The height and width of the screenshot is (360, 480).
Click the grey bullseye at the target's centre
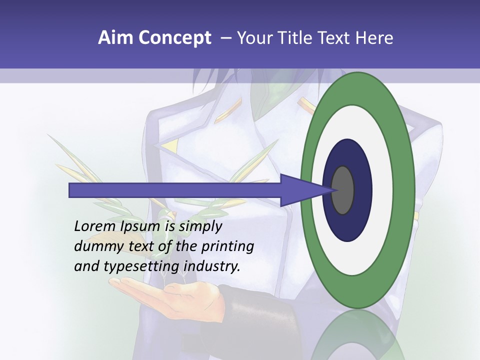coord(343,190)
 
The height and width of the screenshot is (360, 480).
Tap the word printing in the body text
coord(227,247)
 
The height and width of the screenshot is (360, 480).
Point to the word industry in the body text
coord(212,266)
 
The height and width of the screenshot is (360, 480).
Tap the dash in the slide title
coord(226,38)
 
